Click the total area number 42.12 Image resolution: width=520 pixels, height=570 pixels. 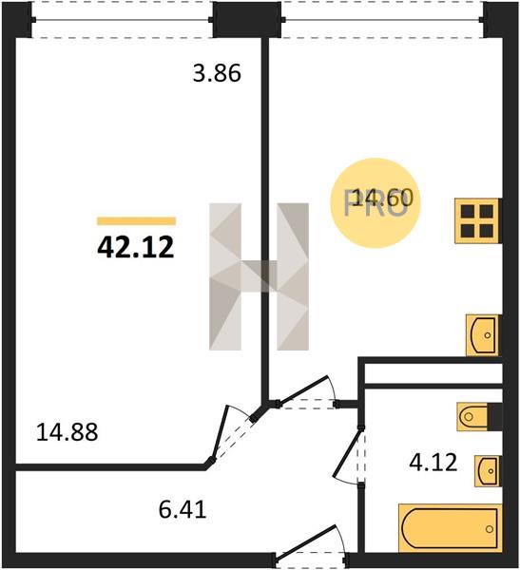point(136,248)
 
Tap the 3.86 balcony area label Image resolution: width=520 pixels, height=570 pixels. point(217,73)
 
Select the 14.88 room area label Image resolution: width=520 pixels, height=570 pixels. point(67,432)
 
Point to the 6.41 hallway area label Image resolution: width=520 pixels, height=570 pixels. point(183,509)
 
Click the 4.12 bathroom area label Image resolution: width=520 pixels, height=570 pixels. point(433,464)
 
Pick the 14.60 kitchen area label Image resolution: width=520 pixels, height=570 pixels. point(383,199)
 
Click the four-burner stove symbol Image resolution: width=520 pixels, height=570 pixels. point(477,220)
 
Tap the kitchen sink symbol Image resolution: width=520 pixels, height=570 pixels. point(483,335)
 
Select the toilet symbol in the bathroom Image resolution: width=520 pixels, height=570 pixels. point(472,417)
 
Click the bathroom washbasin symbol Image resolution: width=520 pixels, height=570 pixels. point(488,471)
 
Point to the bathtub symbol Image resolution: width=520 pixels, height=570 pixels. point(450,528)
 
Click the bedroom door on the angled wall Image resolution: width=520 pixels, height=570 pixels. point(220,433)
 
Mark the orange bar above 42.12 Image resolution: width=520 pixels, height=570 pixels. point(137,221)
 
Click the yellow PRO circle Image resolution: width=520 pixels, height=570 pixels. point(376,203)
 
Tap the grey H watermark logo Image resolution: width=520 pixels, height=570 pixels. point(260,276)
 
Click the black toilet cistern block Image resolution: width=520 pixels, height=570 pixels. point(494,417)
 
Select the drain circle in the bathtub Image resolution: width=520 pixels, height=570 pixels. point(490,529)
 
